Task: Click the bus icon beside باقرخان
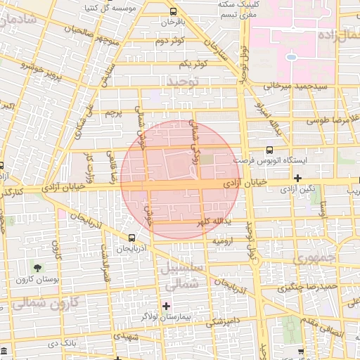(x=174, y=12)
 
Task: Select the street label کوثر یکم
(x=192, y=64)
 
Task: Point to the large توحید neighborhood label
(x=184, y=82)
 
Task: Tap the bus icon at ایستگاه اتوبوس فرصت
(x=269, y=149)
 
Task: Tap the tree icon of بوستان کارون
(x=37, y=269)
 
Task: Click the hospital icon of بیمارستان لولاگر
(x=167, y=305)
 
